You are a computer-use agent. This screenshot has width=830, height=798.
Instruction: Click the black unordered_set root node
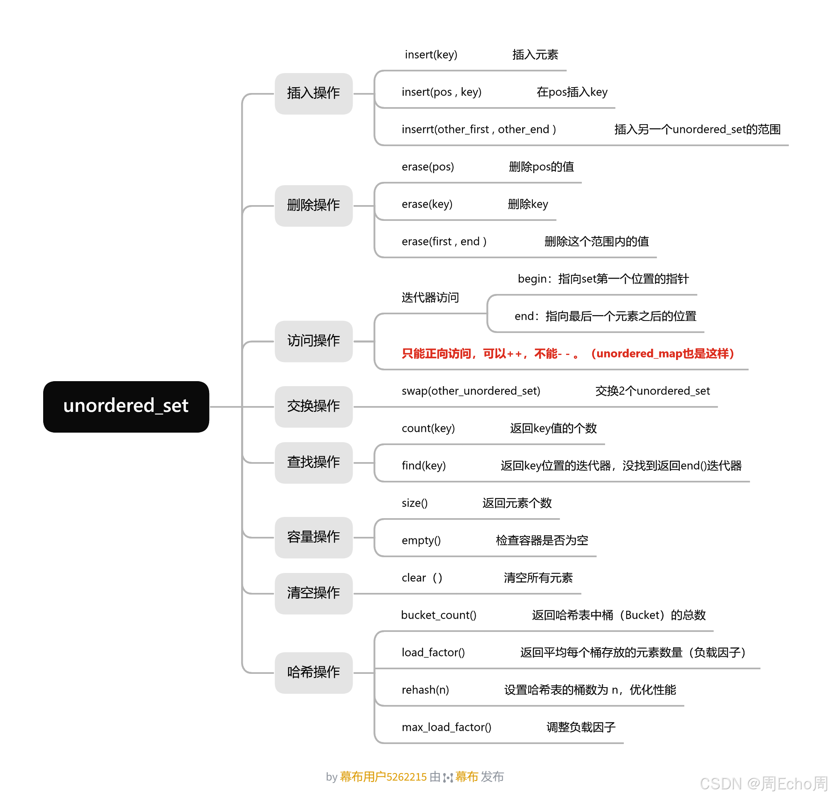point(126,406)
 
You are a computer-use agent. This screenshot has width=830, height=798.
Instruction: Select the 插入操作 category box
point(313,93)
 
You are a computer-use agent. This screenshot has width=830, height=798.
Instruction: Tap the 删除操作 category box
point(313,206)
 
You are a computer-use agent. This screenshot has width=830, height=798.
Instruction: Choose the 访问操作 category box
point(313,341)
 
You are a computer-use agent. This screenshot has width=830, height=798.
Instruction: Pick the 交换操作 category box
point(313,406)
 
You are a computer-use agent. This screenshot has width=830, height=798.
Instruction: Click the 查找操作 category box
point(313,463)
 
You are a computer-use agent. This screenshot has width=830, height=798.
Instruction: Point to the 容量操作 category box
point(313,537)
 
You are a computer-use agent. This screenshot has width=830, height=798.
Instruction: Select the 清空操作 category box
point(313,593)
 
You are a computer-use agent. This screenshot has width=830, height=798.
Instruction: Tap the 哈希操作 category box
point(313,672)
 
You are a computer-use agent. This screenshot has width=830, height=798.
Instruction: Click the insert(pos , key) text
point(441,92)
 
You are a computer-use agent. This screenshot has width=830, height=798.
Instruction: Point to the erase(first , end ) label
point(444,241)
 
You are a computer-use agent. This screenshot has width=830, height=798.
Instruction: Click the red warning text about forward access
point(567,353)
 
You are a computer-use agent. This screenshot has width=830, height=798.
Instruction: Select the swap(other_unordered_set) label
point(471,391)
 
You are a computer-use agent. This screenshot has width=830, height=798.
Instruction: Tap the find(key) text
point(423,465)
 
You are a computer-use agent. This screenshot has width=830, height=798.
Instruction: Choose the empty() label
point(421,540)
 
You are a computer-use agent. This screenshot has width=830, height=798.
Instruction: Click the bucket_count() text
point(438,615)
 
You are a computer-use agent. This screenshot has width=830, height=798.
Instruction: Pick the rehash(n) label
point(425,690)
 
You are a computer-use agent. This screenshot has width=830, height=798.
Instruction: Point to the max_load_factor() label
point(447,727)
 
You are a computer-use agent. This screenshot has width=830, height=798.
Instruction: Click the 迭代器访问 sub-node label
point(430,297)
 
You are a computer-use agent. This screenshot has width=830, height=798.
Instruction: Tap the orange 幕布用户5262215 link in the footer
point(383,776)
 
